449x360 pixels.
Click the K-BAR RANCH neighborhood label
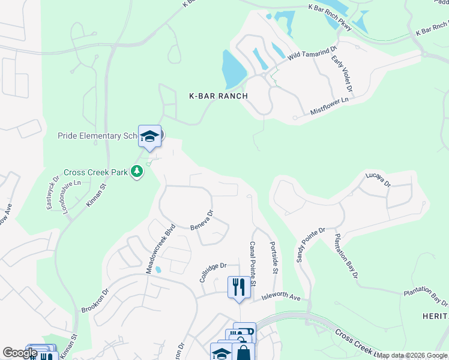click(x=218, y=96)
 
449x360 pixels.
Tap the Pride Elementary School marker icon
click(x=149, y=136)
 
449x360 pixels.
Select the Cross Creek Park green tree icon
click(x=137, y=172)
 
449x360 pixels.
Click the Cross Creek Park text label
click(x=95, y=172)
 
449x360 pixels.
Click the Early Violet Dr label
click(x=343, y=74)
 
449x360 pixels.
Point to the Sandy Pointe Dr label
click(x=310, y=245)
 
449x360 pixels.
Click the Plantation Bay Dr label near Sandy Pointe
click(x=346, y=256)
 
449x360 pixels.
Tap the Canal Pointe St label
click(x=253, y=265)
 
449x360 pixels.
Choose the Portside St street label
click(x=274, y=259)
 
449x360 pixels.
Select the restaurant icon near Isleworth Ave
click(x=239, y=287)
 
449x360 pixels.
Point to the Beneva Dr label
click(x=202, y=221)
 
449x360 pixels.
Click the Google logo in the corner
click(x=20, y=353)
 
